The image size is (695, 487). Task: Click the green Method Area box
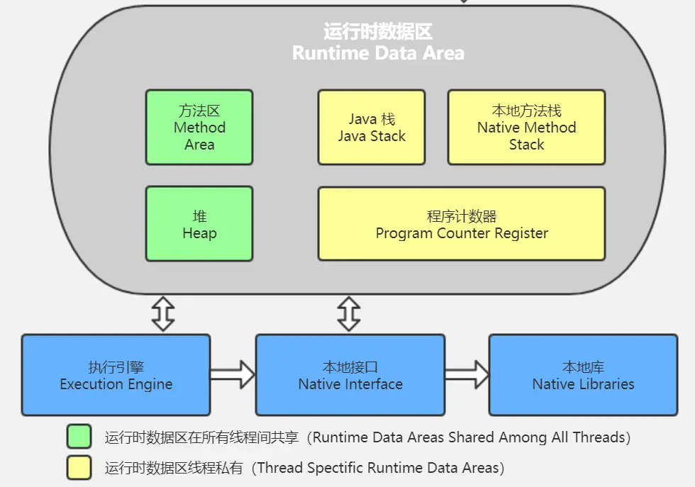(199, 128)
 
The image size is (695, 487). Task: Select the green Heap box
(199, 224)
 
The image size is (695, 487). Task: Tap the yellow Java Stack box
(372, 128)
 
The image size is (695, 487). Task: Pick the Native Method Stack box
(526, 128)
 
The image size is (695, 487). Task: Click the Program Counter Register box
(462, 224)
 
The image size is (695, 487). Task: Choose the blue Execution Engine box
(116, 375)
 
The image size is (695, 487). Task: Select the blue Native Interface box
(350, 375)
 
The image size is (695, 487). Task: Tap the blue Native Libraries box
(583, 375)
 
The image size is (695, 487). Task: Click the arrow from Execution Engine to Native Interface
(233, 375)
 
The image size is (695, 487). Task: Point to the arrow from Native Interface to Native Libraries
(467, 375)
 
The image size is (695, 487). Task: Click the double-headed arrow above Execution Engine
(164, 314)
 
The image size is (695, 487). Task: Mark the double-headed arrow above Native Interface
(349, 314)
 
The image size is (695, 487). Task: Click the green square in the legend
(79, 437)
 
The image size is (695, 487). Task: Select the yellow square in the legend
(79, 468)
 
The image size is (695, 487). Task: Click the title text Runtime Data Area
(378, 53)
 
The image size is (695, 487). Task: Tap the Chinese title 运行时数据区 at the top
(378, 32)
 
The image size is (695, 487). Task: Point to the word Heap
(199, 233)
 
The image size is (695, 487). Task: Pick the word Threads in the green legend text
(601, 437)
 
